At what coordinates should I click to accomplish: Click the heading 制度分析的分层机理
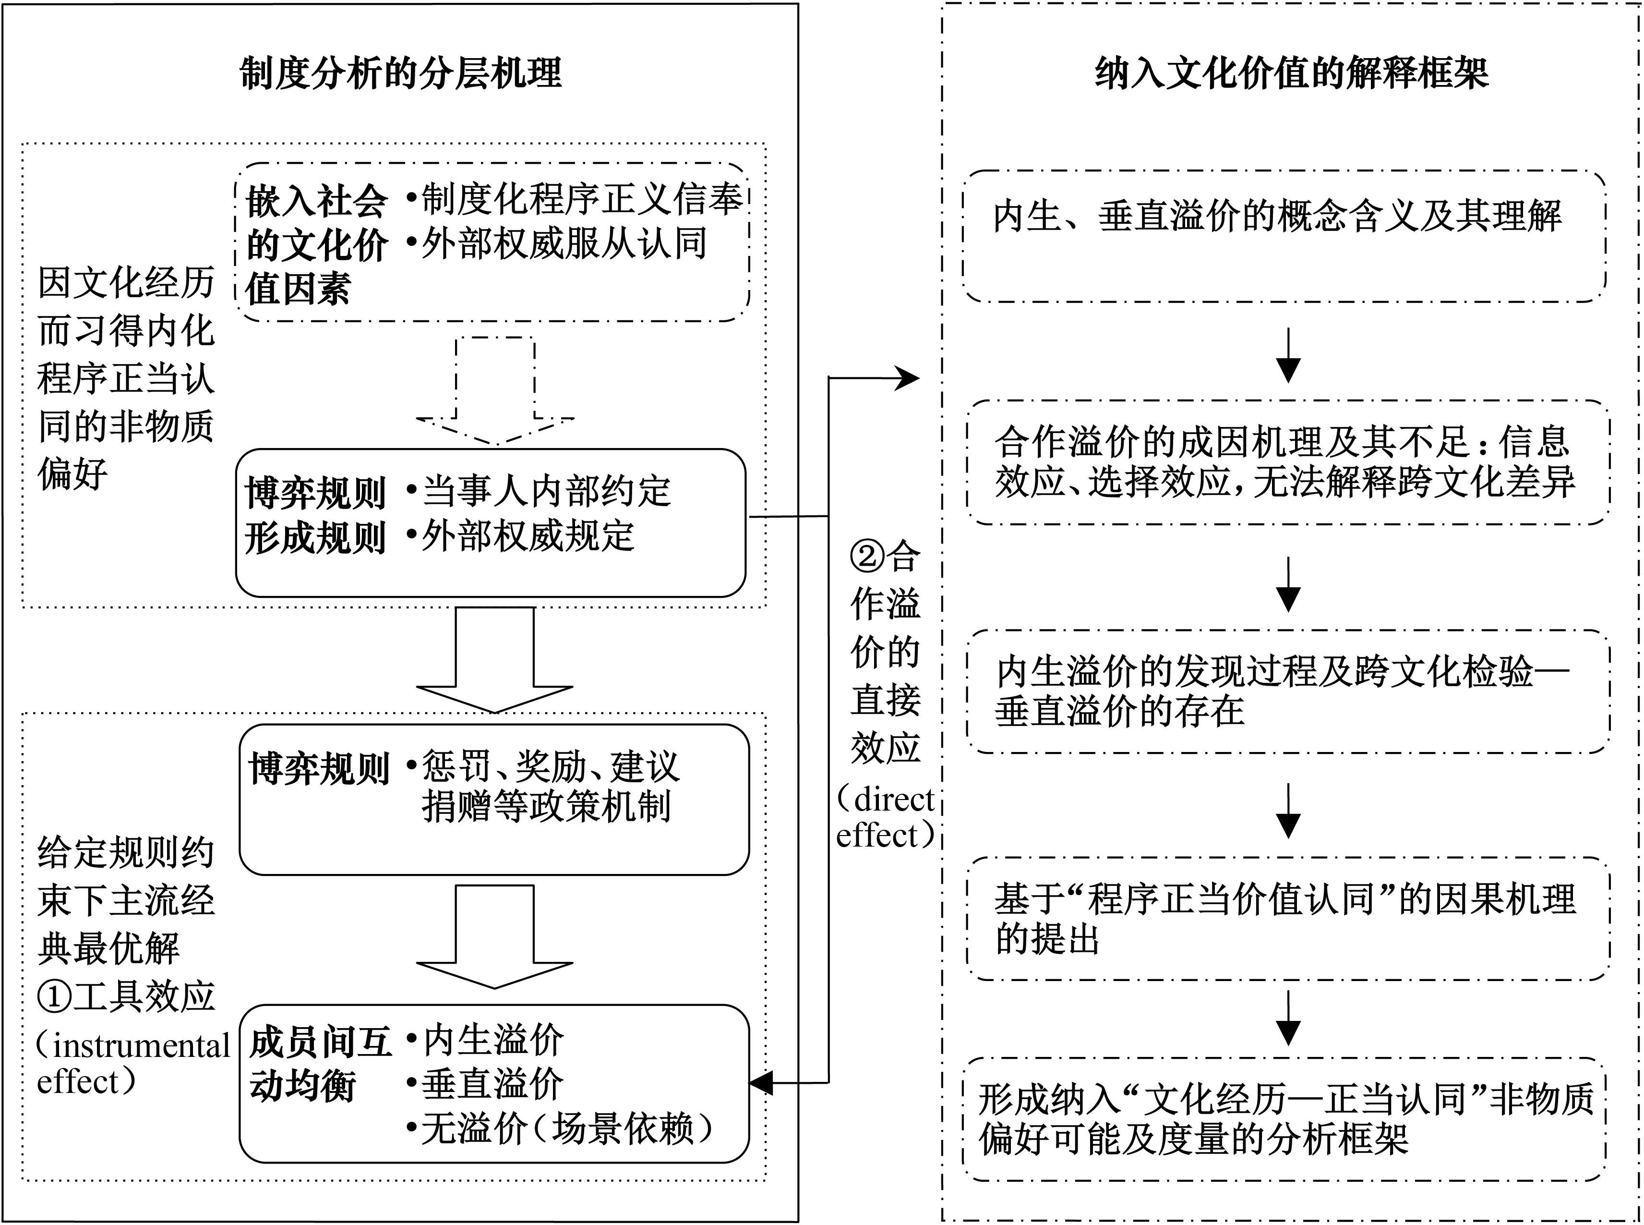[x=401, y=74]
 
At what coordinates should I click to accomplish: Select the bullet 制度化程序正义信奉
[x=575, y=199]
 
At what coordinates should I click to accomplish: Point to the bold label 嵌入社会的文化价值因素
[x=316, y=245]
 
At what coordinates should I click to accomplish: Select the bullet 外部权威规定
[x=520, y=536]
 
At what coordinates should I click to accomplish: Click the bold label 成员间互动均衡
[x=320, y=1065]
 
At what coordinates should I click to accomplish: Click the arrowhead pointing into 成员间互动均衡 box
[x=761, y=1083]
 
